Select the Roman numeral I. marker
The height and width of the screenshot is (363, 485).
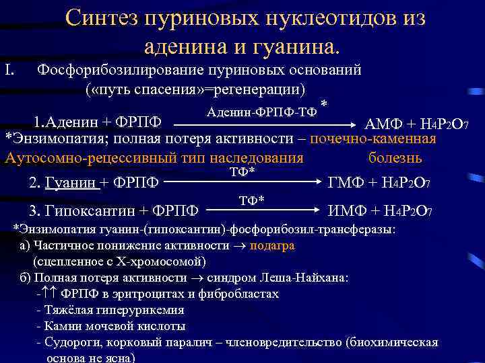pyautogui.click(x=10, y=69)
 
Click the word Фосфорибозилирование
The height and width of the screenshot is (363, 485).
pyautogui.click(x=119, y=69)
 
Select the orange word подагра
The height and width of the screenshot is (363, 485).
pyautogui.click(x=271, y=245)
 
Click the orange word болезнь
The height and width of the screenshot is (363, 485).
pyautogui.click(x=395, y=159)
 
